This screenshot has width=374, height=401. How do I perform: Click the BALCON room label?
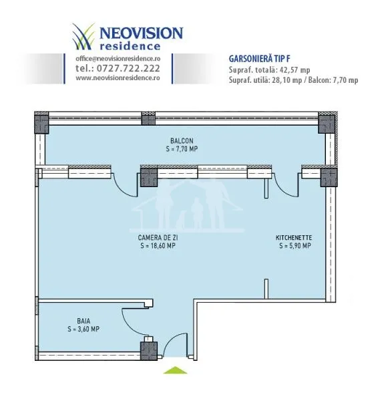coord(182,140)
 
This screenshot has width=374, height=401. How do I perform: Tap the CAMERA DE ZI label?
coord(158,237)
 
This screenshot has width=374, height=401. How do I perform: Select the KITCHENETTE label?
coord(294,237)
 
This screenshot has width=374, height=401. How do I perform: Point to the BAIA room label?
coord(83,321)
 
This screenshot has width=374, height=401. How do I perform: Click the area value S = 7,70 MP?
coord(182,149)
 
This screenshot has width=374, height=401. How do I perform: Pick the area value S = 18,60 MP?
coord(158,246)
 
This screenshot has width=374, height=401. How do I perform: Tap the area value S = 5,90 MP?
coord(295,246)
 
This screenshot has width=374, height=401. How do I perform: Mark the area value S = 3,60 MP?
coord(83,329)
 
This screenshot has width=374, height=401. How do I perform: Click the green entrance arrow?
coord(175,370)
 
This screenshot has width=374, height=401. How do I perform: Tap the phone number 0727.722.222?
coord(128,68)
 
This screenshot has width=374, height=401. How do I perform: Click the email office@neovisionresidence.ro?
coord(118,59)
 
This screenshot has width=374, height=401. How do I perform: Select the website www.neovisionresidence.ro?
coord(118,78)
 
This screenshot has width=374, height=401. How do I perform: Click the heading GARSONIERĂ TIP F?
coord(260,59)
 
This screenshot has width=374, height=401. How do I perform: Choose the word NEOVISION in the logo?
coord(141,33)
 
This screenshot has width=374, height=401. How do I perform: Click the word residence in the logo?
coord(130,46)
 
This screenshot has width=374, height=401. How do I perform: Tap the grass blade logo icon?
coord(83,36)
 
